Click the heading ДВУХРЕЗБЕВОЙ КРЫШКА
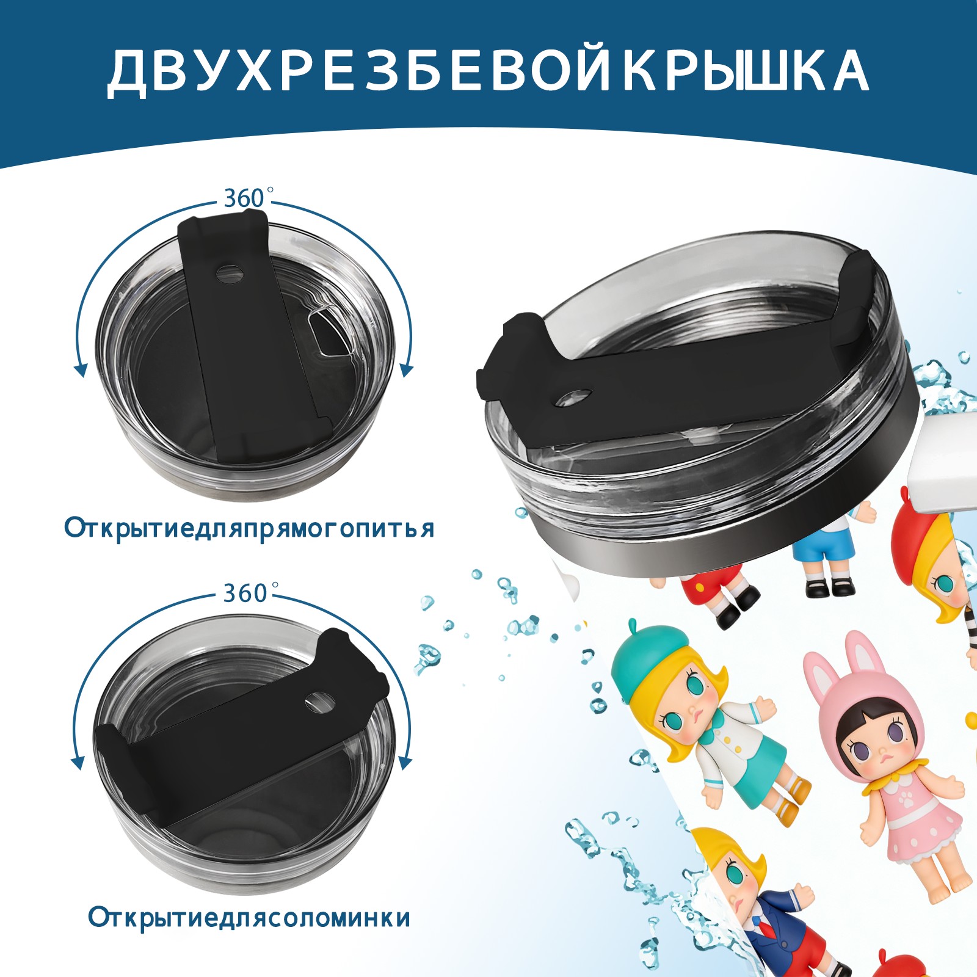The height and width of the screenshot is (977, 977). (488, 71)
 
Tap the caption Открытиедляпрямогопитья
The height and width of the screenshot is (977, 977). (249, 528)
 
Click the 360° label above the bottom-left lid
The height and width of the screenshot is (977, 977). (246, 593)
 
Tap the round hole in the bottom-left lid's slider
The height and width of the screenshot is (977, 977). (320, 702)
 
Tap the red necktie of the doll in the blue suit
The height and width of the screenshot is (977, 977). (761, 931)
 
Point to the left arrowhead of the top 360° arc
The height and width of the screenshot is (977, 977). (79, 370)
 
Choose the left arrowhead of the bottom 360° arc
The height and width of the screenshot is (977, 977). (78, 763)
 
